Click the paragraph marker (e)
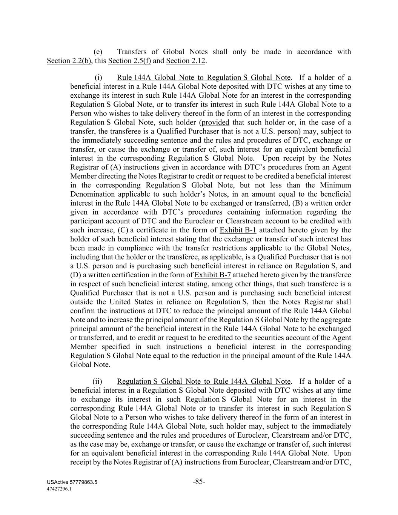(98, 52)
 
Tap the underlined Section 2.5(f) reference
(129, 61)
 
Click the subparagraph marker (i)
(98, 78)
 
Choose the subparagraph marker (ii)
(98, 381)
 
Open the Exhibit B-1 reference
(238, 230)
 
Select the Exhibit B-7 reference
(212, 275)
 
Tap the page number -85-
(199, 481)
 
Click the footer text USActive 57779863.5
(72, 483)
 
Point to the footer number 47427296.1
(59, 489)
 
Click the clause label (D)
(75, 275)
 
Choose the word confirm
(82, 311)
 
